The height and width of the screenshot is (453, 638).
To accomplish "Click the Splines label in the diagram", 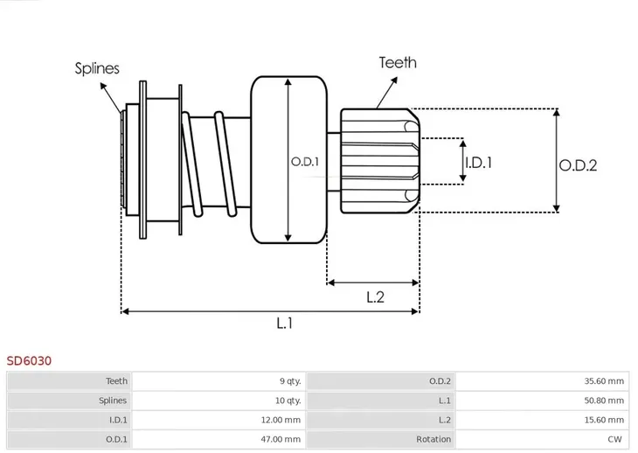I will tap(97, 68).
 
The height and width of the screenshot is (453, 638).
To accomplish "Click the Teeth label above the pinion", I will tap(397, 62).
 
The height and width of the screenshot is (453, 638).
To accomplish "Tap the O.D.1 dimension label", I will tap(304, 161).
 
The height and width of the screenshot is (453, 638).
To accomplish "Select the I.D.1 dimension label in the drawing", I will tap(478, 162).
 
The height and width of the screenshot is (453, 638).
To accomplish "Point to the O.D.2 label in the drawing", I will tap(578, 164).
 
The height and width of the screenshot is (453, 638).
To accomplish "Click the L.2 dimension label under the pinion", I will tap(375, 296).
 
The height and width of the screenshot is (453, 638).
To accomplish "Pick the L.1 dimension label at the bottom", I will tap(284, 324).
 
